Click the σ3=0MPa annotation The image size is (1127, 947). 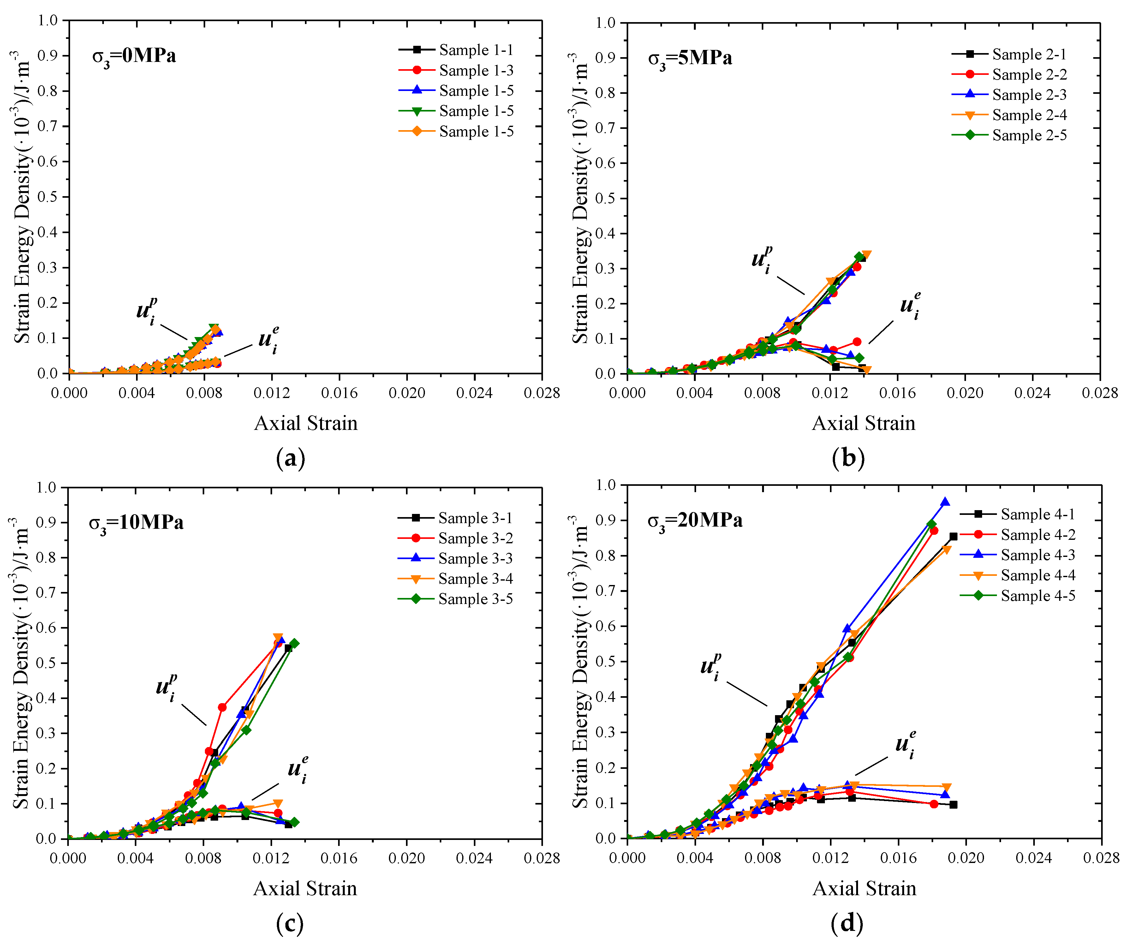coord(134,56)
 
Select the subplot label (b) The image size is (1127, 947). coord(848,458)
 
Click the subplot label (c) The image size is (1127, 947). coord(290,923)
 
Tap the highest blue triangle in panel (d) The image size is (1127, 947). coord(945,502)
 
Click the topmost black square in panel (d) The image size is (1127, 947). coord(953,536)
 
